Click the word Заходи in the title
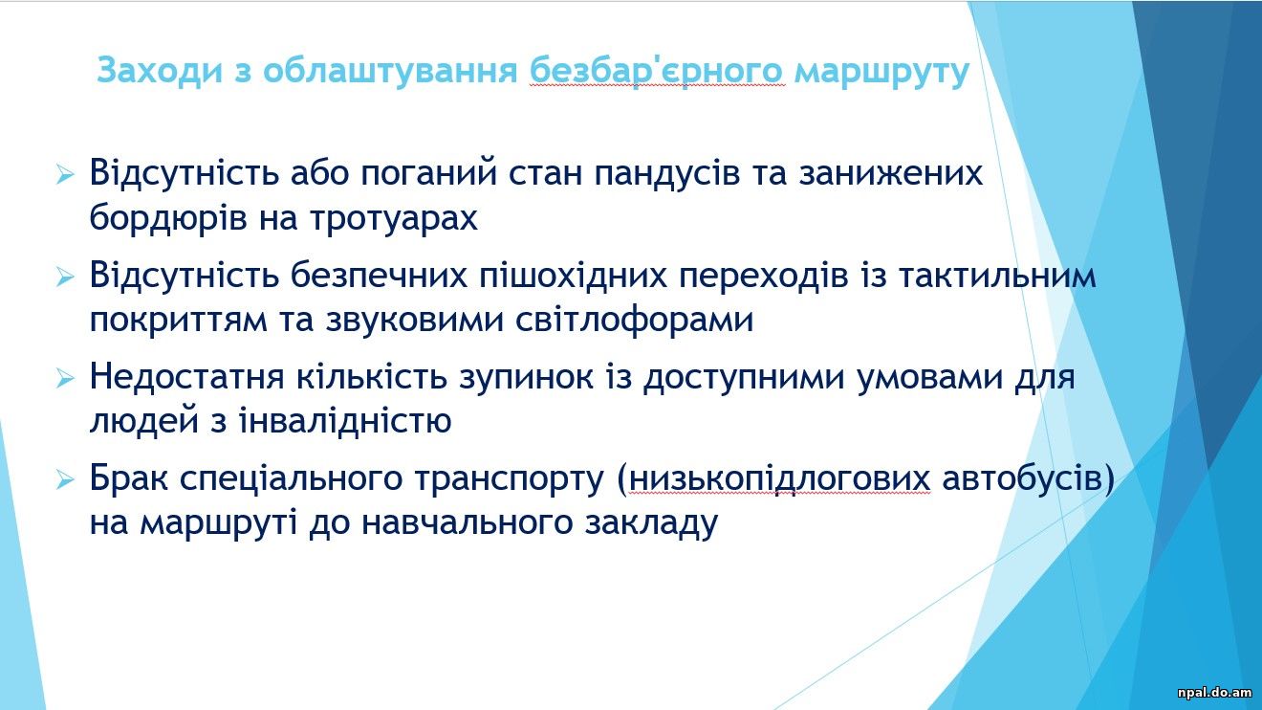click(x=160, y=71)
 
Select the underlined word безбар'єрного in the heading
click(x=657, y=72)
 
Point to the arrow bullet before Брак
click(x=65, y=480)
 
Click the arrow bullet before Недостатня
click(x=65, y=378)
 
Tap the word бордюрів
click(x=168, y=217)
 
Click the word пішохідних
click(x=573, y=275)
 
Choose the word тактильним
click(x=998, y=277)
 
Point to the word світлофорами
click(x=635, y=320)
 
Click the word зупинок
click(x=526, y=378)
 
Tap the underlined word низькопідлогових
click(x=779, y=480)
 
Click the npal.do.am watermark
click(x=1213, y=693)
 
